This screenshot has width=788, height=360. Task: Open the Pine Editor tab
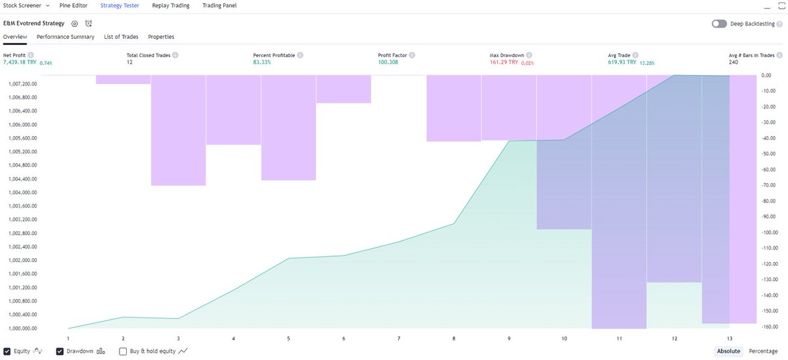click(73, 6)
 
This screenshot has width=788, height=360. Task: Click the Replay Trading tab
click(171, 6)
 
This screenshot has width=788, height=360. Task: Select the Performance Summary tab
click(66, 37)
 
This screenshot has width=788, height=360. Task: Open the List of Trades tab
click(121, 37)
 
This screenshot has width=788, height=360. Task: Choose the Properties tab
click(161, 37)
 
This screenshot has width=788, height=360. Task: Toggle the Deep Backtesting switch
click(719, 24)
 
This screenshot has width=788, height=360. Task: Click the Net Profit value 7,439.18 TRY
click(20, 62)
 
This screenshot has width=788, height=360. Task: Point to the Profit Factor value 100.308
click(388, 62)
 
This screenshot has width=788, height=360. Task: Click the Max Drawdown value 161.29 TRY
click(504, 62)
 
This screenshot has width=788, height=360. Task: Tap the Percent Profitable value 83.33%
click(262, 62)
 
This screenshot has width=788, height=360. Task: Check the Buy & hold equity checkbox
click(123, 351)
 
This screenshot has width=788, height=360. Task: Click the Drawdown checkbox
click(60, 351)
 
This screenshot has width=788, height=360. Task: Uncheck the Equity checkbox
click(7, 351)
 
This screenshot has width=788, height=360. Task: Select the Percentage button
click(763, 351)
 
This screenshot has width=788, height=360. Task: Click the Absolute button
click(728, 351)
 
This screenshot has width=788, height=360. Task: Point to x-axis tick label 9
click(509, 338)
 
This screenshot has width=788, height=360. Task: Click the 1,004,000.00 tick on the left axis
click(22, 192)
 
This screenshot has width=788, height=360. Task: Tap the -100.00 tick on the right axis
click(770, 233)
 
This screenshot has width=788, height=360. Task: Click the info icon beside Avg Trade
click(636, 55)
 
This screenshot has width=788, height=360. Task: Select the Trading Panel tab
click(219, 6)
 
